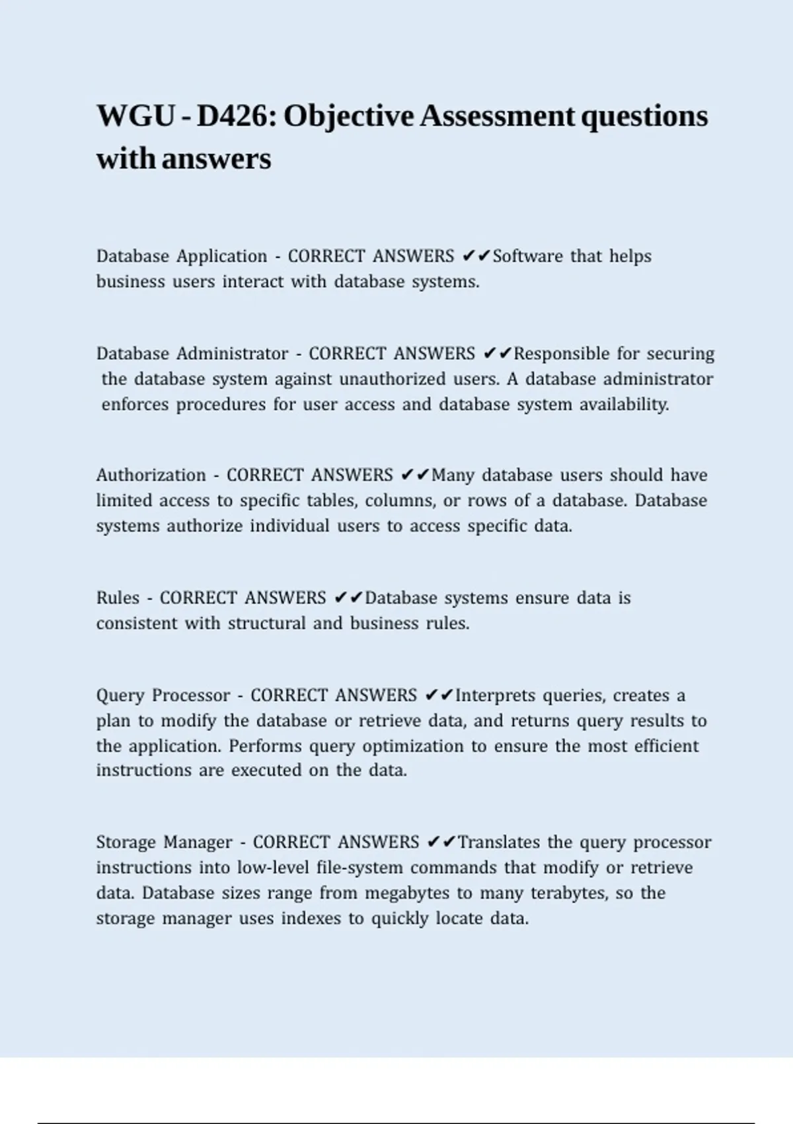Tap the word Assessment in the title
click(x=497, y=116)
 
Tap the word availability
click(x=624, y=405)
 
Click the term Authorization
click(x=151, y=475)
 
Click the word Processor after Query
click(x=191, y=696)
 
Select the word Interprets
click(x=496, y=696)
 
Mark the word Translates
click(x=499, y=842)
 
